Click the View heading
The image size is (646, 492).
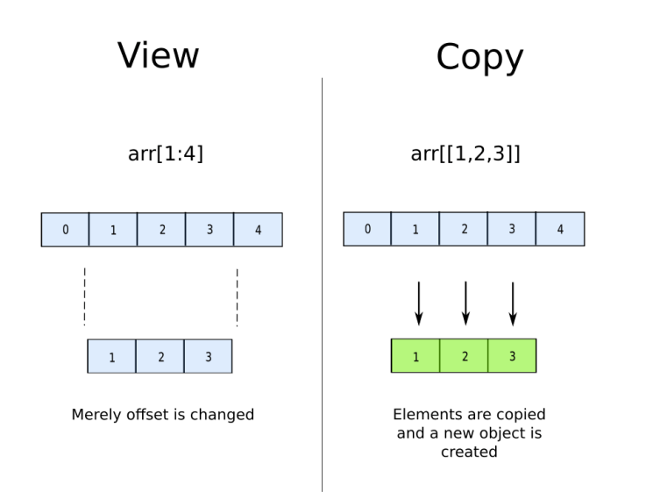coord(159,54)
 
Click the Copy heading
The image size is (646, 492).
coord(479,58)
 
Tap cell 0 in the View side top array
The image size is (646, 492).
coord(66,230)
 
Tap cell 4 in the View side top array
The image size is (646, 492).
coord(258,230)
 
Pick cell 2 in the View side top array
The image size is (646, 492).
coord(161,230)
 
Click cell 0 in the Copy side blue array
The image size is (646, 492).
coord(367,229)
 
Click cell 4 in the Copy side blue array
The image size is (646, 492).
coord(559,229)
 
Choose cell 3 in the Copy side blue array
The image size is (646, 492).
coord(512,229)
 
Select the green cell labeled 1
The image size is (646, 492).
coord(415,356)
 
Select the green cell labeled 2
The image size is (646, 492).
coord(464,356)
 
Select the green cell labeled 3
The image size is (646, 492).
coord(512,356)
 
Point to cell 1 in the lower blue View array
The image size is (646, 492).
coord(112,357)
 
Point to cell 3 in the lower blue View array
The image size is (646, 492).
coord(208,357)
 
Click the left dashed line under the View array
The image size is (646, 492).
coord(84,296)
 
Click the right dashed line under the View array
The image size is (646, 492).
coord(237,296)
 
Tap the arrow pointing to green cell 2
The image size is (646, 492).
coord(465,303)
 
